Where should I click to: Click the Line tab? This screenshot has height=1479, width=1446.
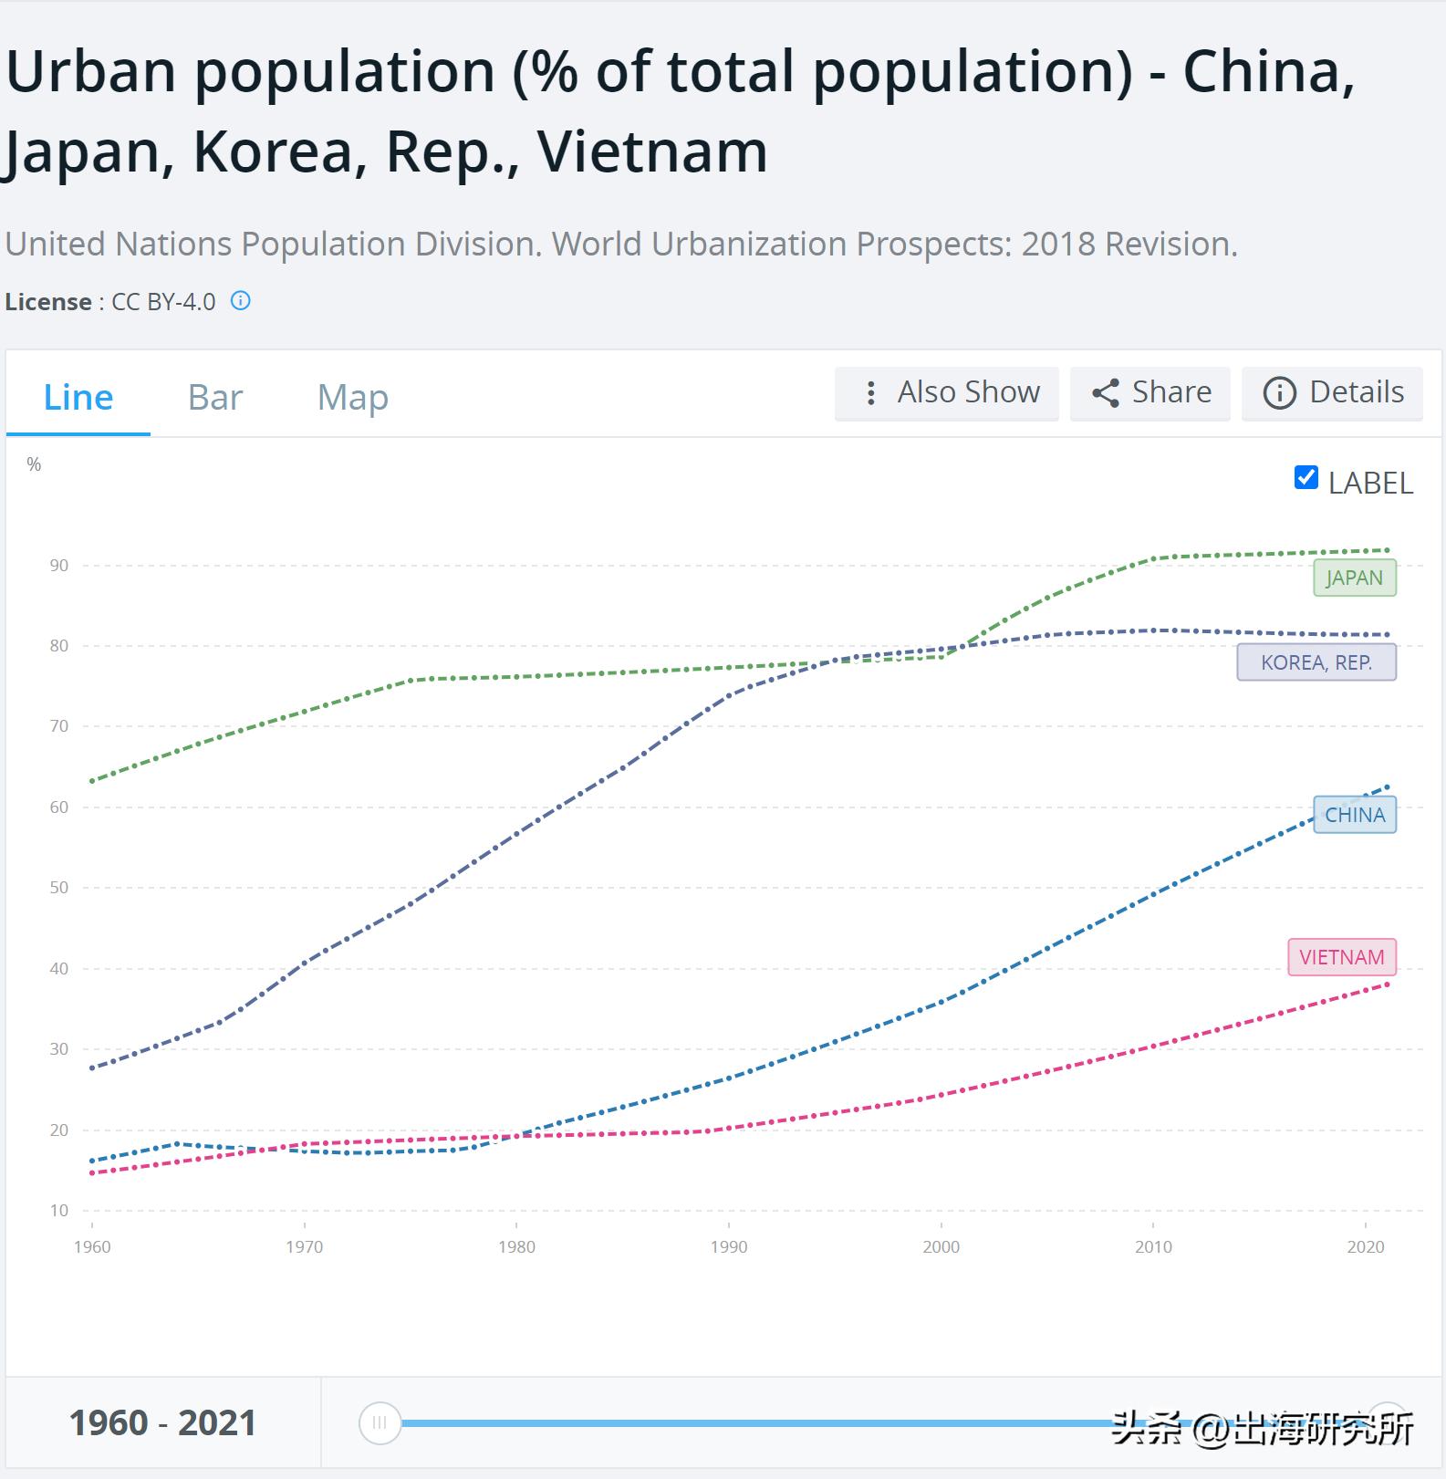pyautogui.click(x=78, y=398)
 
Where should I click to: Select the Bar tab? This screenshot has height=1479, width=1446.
pyautogui.click(x=215, y=398)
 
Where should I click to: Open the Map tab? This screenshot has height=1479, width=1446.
pyautogui.click(x=353, y=398)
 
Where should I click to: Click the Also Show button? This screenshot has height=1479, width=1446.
pyautogui.click(x=947, y=393)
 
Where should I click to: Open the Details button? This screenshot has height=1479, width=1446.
pyautogui.click(x=1333, y=393)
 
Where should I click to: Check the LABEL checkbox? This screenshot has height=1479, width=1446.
pyautogui.click(x=1306, y=478)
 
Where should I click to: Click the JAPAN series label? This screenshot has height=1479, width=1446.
pyautogui.click(x=1355, y=578)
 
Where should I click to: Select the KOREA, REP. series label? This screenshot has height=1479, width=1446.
pyautogui.click(x=1316, y=662)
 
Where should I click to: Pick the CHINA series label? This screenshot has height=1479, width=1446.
pyautogui.click(x=1355, y=815)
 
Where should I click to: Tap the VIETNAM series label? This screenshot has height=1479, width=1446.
pyautogui.click(x=1342, y=957)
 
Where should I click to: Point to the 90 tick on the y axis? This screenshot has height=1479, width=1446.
pyautogui.click(x=59, y=566)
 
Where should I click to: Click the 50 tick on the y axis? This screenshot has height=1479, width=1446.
pyautogui.click(x=59, y=888)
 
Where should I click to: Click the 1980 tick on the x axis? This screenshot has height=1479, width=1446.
pyautogui.click(x=516, y=1247)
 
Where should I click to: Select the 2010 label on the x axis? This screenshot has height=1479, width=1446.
pyautogui.click(x=1153, y=1247)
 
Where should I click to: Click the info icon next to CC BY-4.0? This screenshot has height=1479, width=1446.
pyautogui.click(x=241, y=301)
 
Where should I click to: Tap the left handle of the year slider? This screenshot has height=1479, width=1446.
pyautogui.click(x=380, y=1422)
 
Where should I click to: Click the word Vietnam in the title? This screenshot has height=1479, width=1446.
pyautogui.click(x=652, y=151)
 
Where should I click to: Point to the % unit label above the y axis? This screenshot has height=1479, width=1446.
pyautogui.click(x=34, y=464)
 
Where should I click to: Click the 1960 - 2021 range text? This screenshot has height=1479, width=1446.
pyautogui.click(x=162, y=1423)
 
